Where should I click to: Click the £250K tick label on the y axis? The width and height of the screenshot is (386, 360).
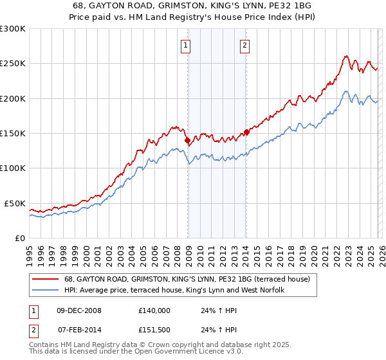pos(13,64)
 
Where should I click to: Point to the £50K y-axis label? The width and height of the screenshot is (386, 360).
pos(15,203)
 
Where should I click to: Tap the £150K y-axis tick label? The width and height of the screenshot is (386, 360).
pos(13,133)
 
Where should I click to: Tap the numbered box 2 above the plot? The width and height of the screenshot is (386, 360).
pos(245,45)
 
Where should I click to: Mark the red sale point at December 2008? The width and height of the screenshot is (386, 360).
pos(187,140)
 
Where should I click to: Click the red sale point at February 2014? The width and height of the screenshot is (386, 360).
pos(246,132)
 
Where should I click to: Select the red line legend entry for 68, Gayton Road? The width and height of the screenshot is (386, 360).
pos(187,279)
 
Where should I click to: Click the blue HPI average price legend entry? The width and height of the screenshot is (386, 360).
pos(177,290)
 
